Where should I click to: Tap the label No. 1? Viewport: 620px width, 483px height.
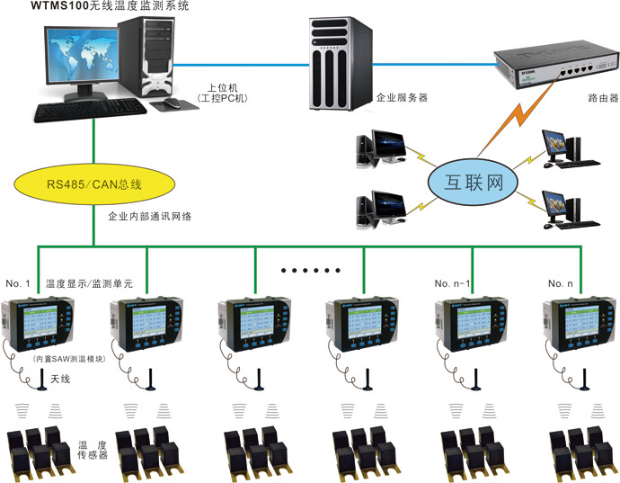click(18, 283)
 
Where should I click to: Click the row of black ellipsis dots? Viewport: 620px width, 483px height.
click(309, 270)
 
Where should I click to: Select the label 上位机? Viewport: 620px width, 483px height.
click(220, 87)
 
